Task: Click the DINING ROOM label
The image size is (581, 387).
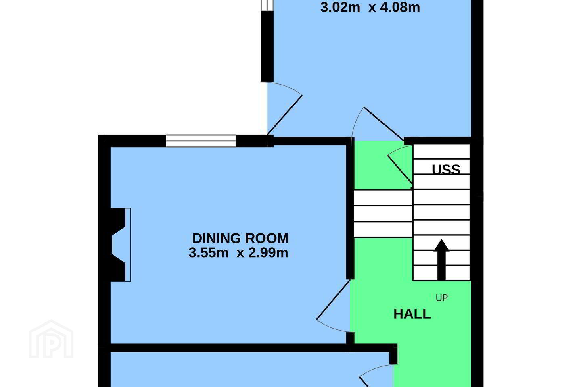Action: coord(240,239)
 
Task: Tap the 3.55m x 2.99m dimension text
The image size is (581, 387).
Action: coord(238,253)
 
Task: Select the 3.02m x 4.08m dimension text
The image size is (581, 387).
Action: coord(370,7)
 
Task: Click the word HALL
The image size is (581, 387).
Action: coord(412,314)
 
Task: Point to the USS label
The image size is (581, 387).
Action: coord(446,170)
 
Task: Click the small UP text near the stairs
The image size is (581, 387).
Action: coord(442,298)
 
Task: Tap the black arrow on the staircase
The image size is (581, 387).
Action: coord(441,260)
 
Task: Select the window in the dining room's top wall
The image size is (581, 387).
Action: coord(201,141)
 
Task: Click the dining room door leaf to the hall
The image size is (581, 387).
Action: coord(333,300)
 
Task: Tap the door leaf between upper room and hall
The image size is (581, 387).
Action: coord(384,124)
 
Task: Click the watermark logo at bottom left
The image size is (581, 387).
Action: coord(51,339)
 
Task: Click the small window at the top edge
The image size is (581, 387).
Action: coord(267,5)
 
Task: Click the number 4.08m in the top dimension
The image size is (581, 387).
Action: coord(400,7)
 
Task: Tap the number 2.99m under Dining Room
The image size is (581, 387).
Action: coord(268,253)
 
